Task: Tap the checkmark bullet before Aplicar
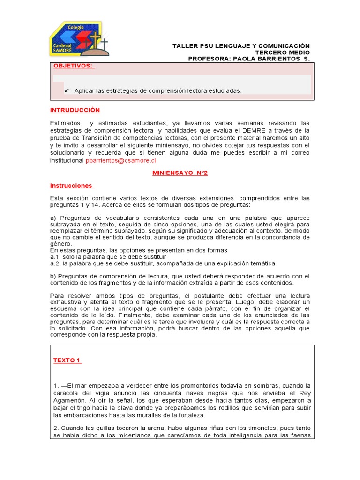(x=67, y=90)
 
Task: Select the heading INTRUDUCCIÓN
(x=75, y=110)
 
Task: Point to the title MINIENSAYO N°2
(x=180, y=172)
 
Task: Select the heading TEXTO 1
(x=67, y=360)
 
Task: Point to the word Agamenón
(x=69, y=401)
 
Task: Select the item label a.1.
(x=54, y=257)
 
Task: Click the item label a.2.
(x=54, y=263)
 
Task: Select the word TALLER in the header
(x=184, y=45)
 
